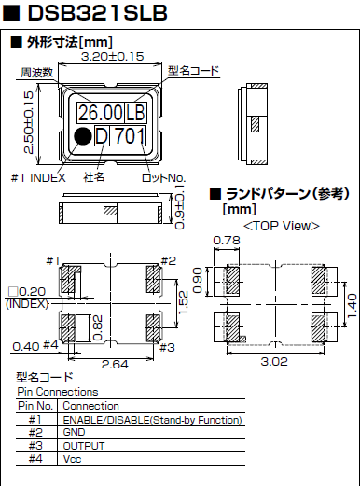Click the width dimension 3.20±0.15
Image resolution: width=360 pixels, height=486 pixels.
112,56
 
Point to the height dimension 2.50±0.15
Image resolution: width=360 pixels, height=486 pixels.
27,121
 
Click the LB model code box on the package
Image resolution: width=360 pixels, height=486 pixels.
135,113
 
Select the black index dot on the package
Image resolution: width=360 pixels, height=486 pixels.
83,137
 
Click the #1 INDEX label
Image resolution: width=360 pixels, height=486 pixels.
41,177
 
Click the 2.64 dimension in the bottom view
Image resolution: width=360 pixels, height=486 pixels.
113,363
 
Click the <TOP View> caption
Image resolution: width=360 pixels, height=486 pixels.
281,226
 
